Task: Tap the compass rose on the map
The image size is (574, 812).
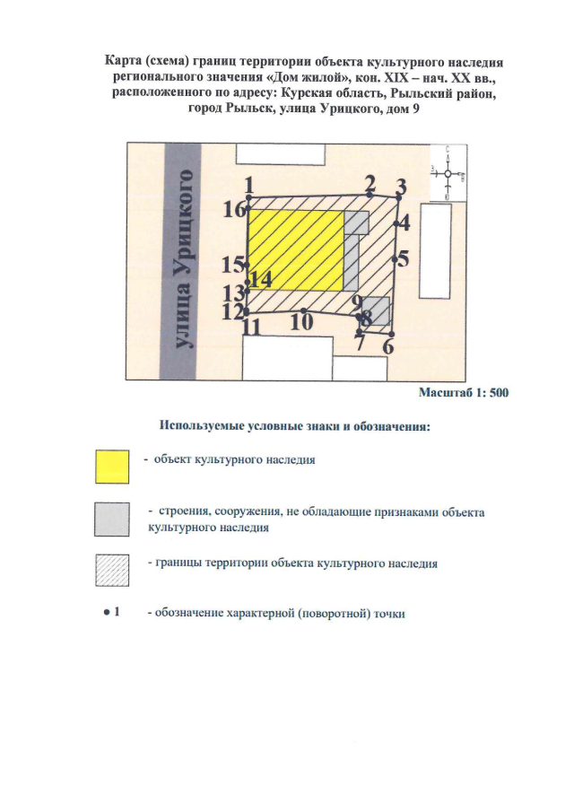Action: point(448,174)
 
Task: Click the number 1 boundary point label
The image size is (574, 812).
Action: point(248,184)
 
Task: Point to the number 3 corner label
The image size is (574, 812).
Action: point(402,188)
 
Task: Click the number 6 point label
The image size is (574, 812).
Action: point(388,345)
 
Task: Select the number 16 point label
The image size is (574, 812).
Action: point(234,211)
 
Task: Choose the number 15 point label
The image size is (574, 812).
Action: point(233,265)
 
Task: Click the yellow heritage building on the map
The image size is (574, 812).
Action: point(296,250)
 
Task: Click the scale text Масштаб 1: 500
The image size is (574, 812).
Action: point(464,392)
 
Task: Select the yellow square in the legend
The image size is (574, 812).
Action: point(113,466)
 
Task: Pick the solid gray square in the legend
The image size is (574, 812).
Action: point(113,520)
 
